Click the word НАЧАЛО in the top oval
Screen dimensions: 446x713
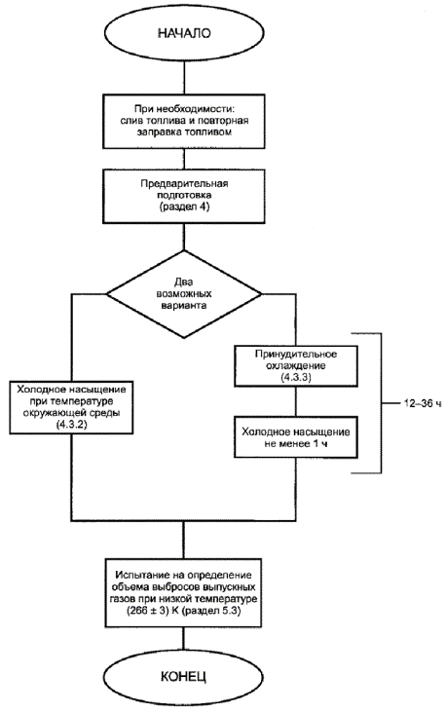point(184,33)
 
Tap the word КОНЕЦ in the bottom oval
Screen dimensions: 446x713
point(184,676)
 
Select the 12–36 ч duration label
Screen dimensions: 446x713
point(423,403)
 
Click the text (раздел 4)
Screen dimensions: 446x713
point(184,206)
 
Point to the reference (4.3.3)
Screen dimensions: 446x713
point(295,377)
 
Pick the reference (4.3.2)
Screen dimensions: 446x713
point(71,425)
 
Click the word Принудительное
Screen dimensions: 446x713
point(295,354)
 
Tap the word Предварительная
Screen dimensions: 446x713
point(184,183)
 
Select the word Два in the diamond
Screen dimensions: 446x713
point(184,281)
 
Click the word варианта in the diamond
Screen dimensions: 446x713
point(184,305)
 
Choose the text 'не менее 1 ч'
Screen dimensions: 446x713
point(295,443)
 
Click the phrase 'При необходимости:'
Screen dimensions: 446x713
point(184,109)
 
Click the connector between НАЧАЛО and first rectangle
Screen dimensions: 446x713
point(184,75)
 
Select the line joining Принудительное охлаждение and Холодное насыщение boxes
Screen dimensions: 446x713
point(295,401)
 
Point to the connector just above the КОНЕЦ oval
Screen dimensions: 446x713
point(184,643)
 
